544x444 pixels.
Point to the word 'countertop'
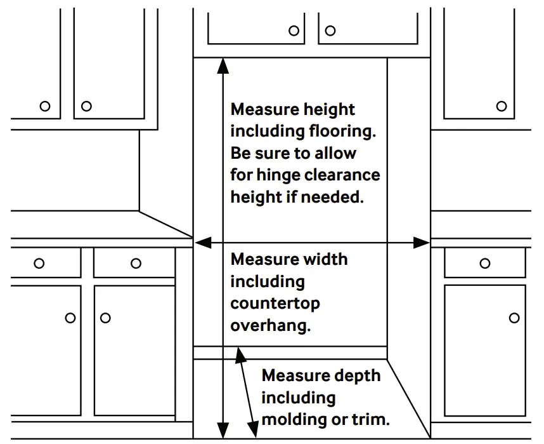[275, 303]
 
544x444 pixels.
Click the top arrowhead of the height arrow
[222, 64]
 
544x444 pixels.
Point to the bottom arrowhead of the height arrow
[222, 432]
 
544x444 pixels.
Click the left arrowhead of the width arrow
[201, 242]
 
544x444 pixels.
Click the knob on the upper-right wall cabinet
[502, 106]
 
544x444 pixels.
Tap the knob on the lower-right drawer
[485, 263]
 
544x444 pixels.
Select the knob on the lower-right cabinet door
[514, 318]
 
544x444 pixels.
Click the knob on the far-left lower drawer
[39, 263]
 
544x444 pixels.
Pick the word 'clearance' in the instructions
[345, 175]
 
